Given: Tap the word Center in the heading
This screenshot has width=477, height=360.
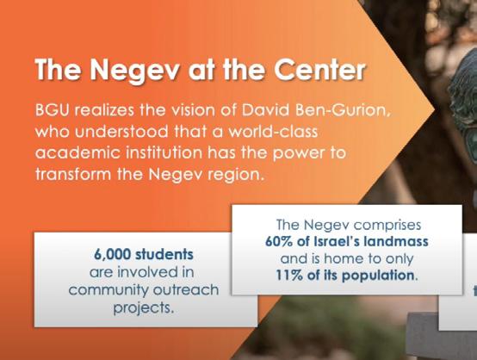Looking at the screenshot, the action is (x=319, y=69).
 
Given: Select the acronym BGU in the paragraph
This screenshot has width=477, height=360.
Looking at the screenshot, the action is (x=53, y=110).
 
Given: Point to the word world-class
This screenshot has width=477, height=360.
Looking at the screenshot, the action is (x=273, y=132).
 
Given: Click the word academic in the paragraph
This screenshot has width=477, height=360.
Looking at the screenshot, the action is (x=77, y=152).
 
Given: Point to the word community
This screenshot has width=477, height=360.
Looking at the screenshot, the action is (x=108, y=290).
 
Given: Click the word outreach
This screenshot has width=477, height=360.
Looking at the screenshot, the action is (x=186, y=289).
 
